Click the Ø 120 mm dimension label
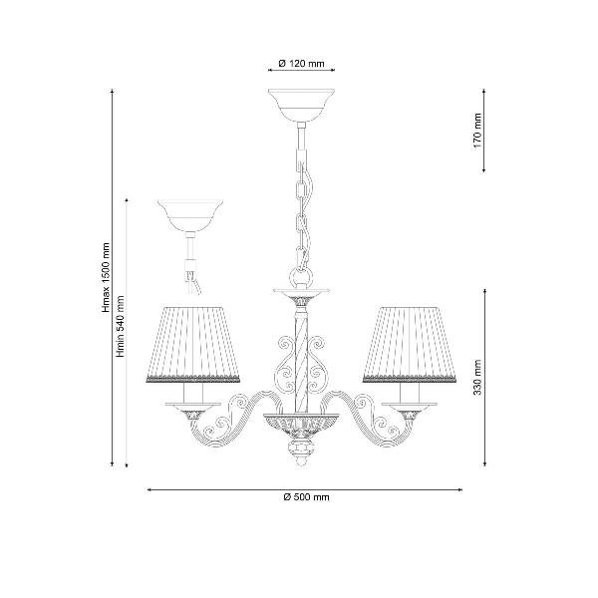pyautogui.click(x=301, y=64)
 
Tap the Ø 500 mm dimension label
pyautogui.click(x=306, y=497)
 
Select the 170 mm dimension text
pyautogui.click(x=477, y=131)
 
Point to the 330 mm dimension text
pyautogui.click(x=477, y=377)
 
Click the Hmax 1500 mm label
pyautogui.click(x=106, y=277)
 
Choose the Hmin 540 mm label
pyautogui.click(x=121, y=326)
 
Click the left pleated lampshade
pyautogui.click(x=193, y=344)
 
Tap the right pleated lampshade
pyautogui.click(x=410, y=344)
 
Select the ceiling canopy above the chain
pyautogui.click(x=301, y=106)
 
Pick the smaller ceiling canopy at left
pyautogui.click(x=190, y=215)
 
